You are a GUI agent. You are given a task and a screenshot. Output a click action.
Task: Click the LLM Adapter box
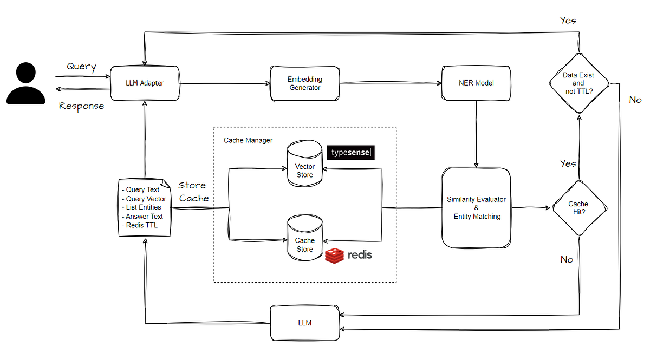(145, 83)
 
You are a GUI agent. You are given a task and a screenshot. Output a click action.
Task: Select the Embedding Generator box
(304, 83)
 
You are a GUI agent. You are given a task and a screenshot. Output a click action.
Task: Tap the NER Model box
(476, 83)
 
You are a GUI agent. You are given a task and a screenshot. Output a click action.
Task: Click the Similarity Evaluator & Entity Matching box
(476, 208)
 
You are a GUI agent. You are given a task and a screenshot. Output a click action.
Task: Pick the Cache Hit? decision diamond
(578, 208)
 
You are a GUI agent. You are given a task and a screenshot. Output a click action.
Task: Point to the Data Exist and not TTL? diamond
(578, 84)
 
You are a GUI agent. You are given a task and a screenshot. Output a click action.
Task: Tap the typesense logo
(352, 153)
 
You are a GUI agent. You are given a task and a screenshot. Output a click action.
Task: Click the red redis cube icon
(334, 255)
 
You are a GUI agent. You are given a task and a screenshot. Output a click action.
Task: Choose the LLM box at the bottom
(305, 323)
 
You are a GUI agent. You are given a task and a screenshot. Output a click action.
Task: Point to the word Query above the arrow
(81, 67)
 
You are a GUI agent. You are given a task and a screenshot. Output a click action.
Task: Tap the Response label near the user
(81, 106)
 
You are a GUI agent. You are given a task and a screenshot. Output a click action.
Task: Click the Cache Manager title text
(248, 140)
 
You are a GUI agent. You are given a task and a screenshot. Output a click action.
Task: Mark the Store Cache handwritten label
(193, 192)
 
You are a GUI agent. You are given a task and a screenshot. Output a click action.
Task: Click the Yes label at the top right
(568, 21)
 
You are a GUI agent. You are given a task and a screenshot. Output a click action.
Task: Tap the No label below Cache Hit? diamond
(567, 260)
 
